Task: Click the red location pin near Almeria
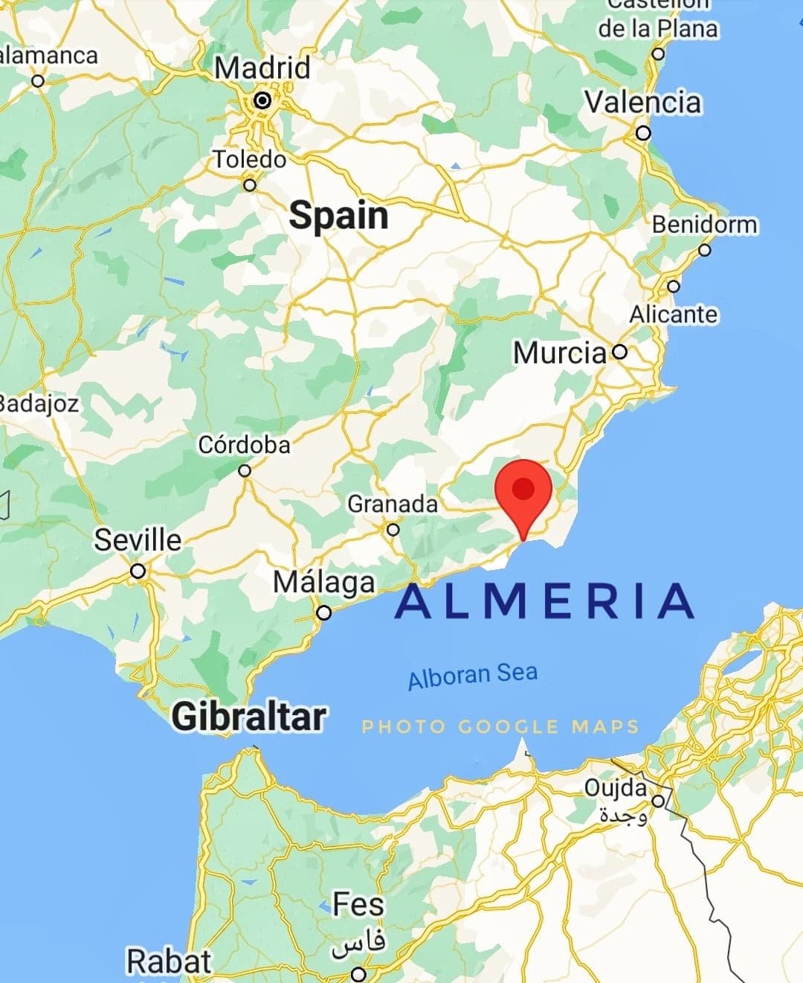click(523, 492)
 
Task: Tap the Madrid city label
click(262, 68)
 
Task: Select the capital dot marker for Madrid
click(262, 100)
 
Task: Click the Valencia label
click(642, 102)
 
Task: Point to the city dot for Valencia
click(644, 134)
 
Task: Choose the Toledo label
click(250, 159)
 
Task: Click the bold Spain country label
click(338, 215)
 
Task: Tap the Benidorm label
click(704, 224)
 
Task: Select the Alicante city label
click(674, 314)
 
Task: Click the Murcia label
click(559, 353)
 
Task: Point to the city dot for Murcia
click(619, 352)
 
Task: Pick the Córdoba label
click(244, 445)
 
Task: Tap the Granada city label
click(393, 504)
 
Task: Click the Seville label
click(138, 540)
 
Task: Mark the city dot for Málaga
click(324, 613)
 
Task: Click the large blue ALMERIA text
click(545, 601)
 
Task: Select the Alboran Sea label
click(473, 676)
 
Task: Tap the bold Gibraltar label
click(249, 717)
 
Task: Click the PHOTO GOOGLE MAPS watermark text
click(500, 726)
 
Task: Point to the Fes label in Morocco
click(358, 905)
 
